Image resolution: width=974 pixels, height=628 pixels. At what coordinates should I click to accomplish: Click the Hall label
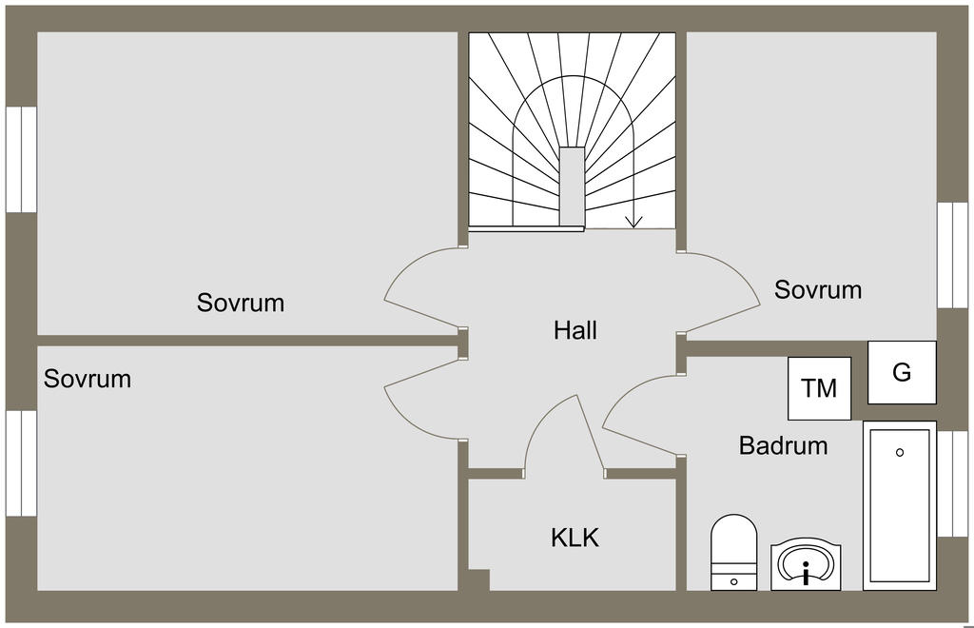click(575, 331)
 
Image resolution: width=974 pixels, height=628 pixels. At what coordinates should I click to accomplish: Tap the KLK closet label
click(575, 538)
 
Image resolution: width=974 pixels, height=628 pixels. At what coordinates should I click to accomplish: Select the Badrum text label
click(783, 445)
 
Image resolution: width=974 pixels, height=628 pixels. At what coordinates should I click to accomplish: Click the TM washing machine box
click(819, 388)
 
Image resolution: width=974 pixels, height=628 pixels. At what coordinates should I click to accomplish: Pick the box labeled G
click(902, 372)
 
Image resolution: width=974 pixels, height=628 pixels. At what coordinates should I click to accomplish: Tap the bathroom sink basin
click(806, 563)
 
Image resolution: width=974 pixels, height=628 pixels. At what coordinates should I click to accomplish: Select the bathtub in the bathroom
click(900, 505)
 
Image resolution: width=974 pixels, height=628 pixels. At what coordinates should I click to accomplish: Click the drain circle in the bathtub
click(900, 453)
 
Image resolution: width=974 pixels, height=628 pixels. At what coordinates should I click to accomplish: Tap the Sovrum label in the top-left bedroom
click(241, 304)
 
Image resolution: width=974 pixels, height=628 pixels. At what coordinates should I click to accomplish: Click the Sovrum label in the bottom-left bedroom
click(88, 379)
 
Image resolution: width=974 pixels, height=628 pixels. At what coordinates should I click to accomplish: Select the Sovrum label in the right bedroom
click(818, 289)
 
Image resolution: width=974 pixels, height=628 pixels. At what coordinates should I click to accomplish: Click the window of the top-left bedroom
click(21, 159)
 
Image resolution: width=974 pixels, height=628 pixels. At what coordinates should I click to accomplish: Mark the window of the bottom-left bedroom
click(21, 462)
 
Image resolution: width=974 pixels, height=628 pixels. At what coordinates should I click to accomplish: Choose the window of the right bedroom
click(951, 255)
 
